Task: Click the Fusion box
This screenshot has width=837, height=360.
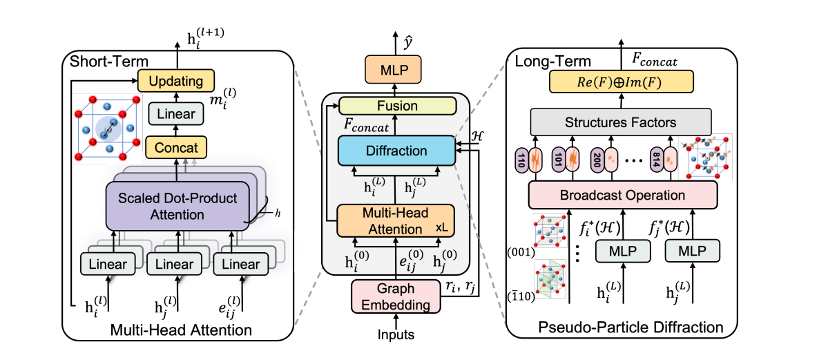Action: click(397, 106)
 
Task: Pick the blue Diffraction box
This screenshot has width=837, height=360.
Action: click(396, 151)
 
